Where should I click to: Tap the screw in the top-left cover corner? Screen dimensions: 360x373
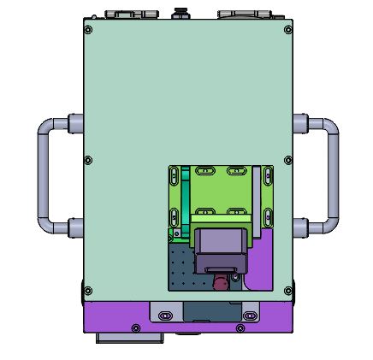89,27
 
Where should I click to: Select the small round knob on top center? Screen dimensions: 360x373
181,13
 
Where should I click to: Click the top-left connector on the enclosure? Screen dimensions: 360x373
131,14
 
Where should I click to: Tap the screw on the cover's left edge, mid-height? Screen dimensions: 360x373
89,161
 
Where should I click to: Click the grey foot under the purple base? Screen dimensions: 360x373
127,338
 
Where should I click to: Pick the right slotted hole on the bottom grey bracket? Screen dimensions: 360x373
249,316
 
